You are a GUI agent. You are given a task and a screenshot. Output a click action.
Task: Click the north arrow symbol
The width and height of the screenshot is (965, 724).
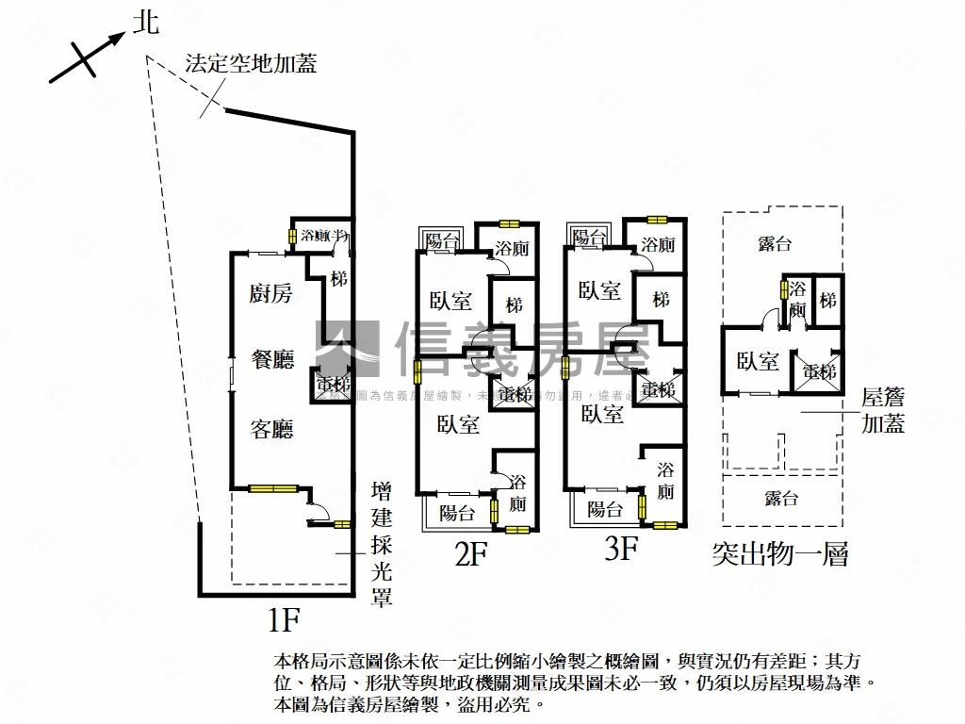90,55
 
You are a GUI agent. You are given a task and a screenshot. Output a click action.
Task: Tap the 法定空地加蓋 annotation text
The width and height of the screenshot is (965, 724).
251,64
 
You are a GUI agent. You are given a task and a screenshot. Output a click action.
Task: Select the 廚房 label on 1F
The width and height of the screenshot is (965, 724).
271,293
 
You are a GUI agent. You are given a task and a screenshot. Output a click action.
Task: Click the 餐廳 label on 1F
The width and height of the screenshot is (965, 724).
271,359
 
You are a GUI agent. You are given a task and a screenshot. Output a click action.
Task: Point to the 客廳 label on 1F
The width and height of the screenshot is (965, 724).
271,430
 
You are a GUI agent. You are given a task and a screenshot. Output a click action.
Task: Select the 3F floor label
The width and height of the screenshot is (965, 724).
622,549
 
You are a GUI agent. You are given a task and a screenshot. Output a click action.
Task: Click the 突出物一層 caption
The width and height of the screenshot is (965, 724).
780,554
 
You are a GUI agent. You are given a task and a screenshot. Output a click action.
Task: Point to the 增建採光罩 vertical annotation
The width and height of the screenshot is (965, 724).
382,544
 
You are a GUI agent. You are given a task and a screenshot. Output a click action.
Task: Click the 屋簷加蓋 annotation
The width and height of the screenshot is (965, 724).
884,411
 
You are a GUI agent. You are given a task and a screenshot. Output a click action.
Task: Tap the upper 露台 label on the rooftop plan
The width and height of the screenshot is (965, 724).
775,244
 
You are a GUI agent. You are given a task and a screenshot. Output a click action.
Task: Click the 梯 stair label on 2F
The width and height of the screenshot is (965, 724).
515,305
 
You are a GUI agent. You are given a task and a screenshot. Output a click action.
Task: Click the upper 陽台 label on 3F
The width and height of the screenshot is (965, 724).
591,237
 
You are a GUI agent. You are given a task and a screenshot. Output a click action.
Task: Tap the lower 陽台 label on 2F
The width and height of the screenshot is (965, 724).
458,514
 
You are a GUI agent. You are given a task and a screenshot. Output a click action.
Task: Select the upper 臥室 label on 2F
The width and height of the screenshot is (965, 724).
450,301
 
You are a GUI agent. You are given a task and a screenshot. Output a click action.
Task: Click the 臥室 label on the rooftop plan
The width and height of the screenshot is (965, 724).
758,360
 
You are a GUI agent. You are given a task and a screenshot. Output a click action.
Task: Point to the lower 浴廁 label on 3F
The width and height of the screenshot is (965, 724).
665,480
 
